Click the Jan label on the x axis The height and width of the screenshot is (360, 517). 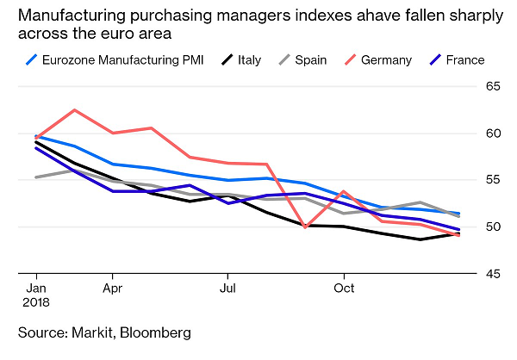click(x=36, y=287)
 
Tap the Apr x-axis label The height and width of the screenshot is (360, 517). click(x=113, y=287)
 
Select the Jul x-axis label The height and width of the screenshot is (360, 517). click(x=228, y=287)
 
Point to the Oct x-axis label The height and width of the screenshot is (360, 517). click(x=344, y=287)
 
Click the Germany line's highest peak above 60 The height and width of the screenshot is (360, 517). click(x=75, y=110)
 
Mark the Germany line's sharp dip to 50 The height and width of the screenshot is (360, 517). click(x=306, y=227)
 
